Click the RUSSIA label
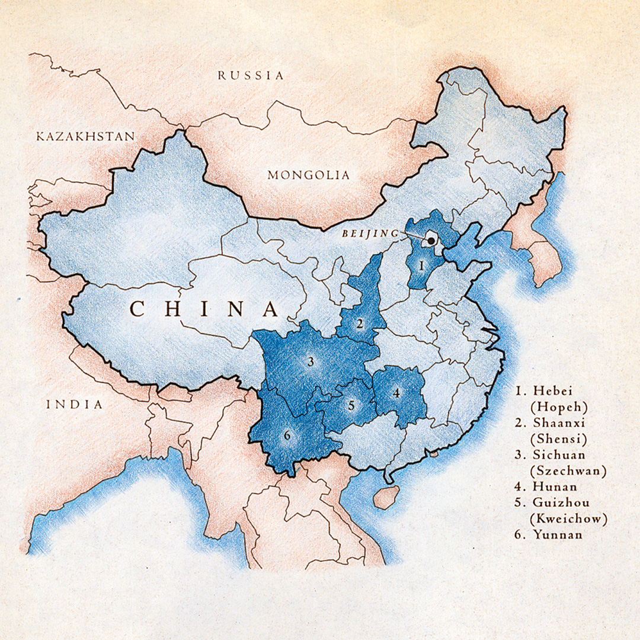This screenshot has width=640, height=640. [250, 75]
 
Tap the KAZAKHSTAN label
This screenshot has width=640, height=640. [85, 136]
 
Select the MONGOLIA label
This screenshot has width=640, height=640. [308, 175]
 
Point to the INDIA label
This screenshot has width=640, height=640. [75, 405]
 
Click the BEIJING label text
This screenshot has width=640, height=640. [369, 234]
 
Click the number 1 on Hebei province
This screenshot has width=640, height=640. [421, 265]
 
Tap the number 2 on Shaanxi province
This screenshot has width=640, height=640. [360, 324]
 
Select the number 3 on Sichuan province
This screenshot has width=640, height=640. [310, 361]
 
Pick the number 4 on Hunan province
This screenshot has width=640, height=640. [396, 392]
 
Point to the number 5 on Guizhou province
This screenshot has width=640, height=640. [351, 406]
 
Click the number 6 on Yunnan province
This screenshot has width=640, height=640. [287, 436]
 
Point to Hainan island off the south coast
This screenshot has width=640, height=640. [386, 497]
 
